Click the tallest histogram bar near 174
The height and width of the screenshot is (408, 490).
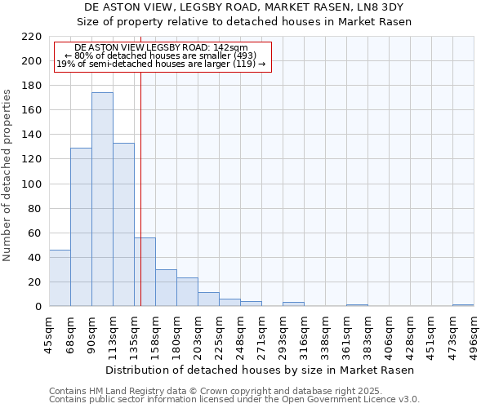102,200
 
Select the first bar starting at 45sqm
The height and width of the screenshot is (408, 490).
60,278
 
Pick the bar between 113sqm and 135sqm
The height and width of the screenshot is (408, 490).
123,224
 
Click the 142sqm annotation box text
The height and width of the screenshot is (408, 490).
161,56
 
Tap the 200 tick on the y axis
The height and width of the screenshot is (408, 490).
31,61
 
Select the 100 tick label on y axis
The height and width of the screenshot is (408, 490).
31,184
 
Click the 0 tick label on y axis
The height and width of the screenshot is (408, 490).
38,307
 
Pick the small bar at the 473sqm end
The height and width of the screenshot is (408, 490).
463,305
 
